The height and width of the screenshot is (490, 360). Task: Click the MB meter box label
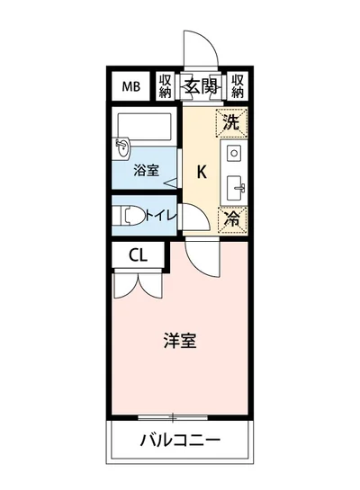click(131, 86)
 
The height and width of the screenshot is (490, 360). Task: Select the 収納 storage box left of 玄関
click(166, 86)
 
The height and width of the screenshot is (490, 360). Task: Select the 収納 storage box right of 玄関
click(238, 86)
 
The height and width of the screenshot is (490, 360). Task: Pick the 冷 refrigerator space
click(231, 217)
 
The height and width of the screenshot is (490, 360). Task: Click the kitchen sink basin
click(236, 189)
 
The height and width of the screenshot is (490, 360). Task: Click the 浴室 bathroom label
click(145, 168)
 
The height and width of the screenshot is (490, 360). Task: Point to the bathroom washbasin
click(124, 146)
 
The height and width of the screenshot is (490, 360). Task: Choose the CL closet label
click(138, 254)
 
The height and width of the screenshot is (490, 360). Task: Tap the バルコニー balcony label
click(180, 441)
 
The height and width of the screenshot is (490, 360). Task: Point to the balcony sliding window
click(172, 416)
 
